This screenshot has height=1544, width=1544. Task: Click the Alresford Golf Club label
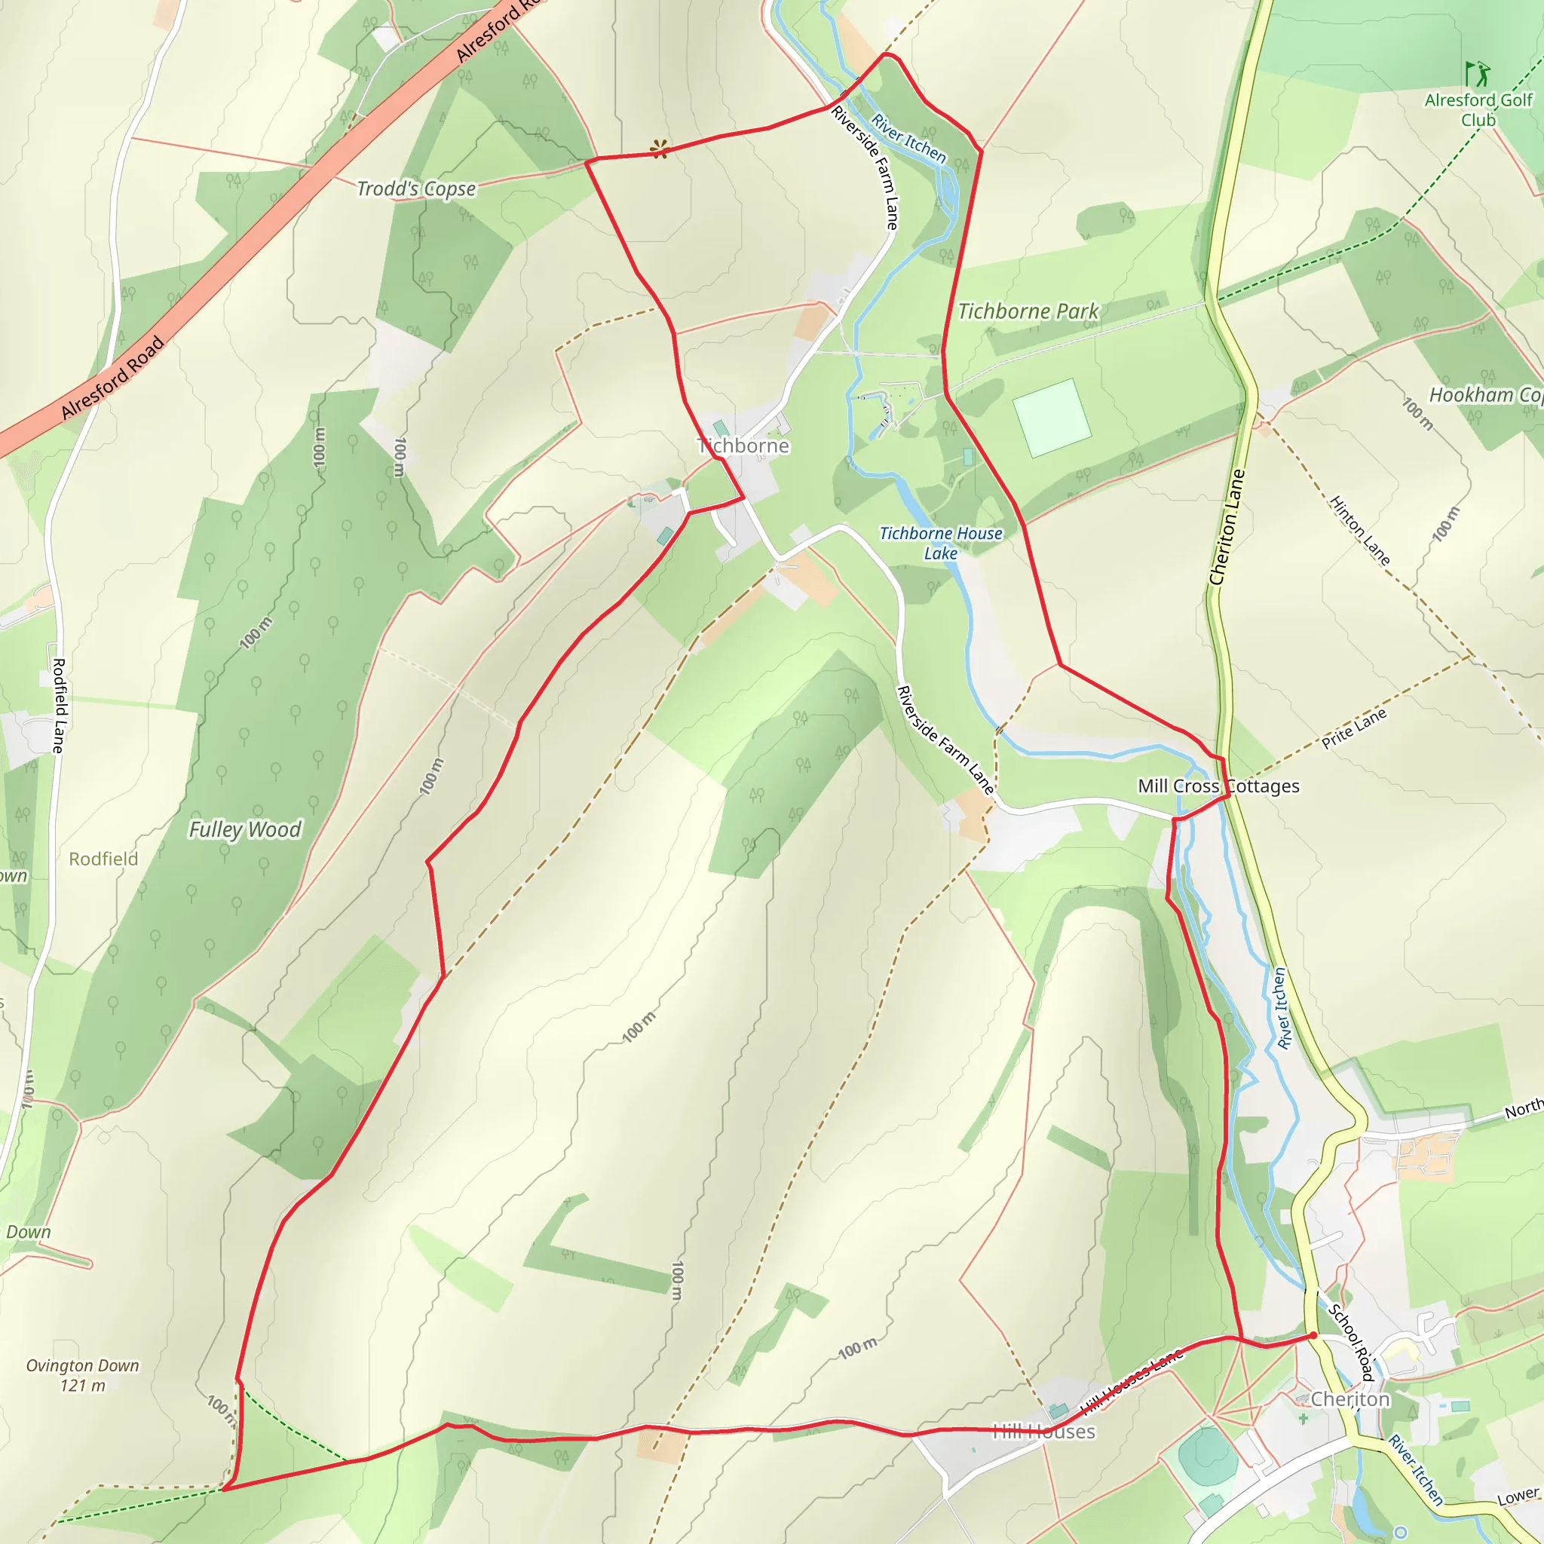(x=1478, y=110)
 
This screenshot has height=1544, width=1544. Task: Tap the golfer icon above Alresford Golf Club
(x=1478, y=74)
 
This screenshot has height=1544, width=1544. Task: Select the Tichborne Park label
(x=1028, y=311)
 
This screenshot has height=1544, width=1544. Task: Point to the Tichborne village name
(x=743, y=446)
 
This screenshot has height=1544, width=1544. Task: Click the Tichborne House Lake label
(x=941, y=544)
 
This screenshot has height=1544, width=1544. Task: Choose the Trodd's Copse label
(x=415, y=188)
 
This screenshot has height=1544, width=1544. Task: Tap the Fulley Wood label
(x=244, y=829)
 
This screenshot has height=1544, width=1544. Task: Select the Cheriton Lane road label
(x=1227, y=528)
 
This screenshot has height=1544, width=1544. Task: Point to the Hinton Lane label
(x=1359, y=531)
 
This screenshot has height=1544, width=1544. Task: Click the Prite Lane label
(x=1354, y=729)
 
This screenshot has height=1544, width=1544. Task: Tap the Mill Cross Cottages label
(x=1218, y=786)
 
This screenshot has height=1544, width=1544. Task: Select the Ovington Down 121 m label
(x=82, y=1375)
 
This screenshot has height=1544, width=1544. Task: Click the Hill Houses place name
(x=1043, y=1432)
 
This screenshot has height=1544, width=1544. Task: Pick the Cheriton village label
(x=1349, y=1399)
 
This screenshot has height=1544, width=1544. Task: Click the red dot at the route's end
(x=1313, y=1335)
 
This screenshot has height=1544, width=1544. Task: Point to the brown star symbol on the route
(x=660, y=149)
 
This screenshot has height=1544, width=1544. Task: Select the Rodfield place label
(x=103, y=859)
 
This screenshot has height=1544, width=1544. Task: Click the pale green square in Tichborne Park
(x=1052, y=418)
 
